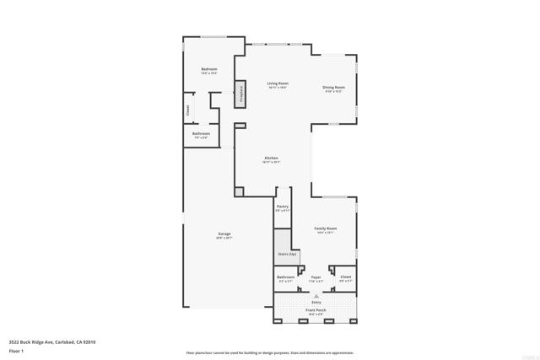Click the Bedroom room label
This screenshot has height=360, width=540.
(208, 69)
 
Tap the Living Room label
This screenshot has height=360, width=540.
(278, 83)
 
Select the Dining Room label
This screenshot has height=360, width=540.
(334, 87)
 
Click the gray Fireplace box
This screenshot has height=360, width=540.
(240, 93)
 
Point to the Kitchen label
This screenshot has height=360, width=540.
(271, 159)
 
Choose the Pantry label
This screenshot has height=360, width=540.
(282, 207)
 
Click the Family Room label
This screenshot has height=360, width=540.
(326, 228)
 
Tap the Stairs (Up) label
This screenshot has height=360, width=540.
(287, 253)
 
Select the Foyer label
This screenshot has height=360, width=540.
(316, 277)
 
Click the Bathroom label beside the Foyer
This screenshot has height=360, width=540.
(286, 277)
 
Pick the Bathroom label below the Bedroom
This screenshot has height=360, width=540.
(201, 133)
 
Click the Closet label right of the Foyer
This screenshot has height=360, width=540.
(345, 277)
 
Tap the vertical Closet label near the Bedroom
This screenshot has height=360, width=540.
(187, 110)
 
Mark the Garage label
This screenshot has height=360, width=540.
(224, 234)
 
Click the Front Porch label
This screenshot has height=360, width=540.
(316, 310)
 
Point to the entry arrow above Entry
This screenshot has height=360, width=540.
(316, 296)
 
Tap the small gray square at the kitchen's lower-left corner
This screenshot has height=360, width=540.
(239, 192)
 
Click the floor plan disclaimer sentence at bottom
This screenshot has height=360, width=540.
(269, 353)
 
